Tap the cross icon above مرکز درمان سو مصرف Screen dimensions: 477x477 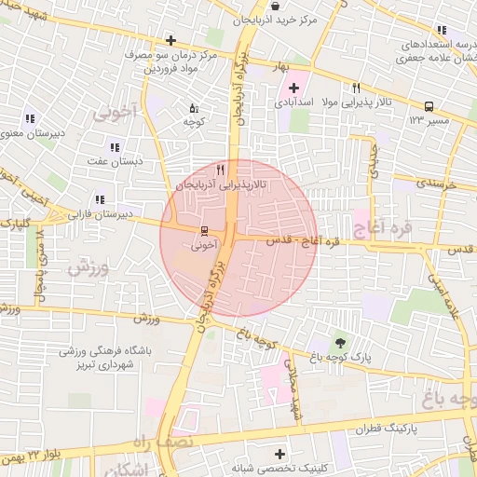(x=170, y=40)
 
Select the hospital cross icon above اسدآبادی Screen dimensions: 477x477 (x=293, y=88)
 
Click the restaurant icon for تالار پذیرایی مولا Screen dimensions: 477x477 (x=356, y=88)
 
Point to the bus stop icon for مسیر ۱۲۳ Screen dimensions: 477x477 (x=429, y=106)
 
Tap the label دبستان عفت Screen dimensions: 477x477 (x=115, y=161)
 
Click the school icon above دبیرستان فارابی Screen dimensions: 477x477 (x=100, y=199)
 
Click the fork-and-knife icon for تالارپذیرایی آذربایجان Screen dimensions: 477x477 (x=221, y=170)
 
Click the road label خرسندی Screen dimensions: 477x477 (x=437, y=183)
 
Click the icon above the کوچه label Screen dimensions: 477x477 (x=194, y=108)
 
